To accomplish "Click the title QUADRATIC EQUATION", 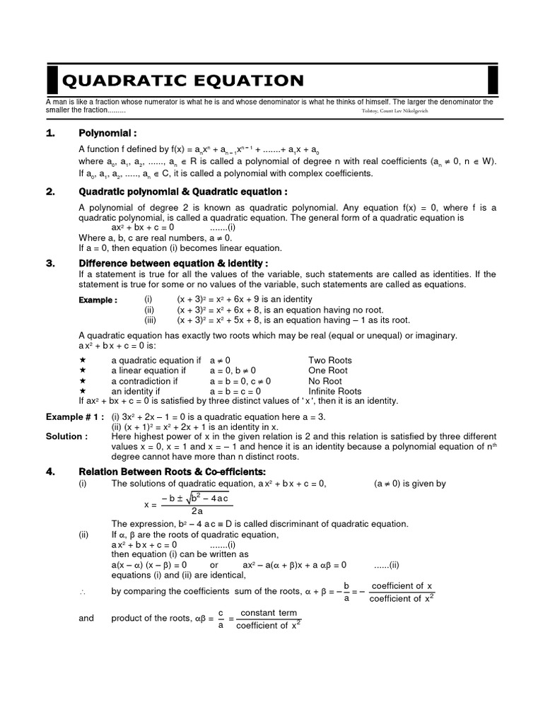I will tap(183, 80).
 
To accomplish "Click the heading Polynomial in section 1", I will tap(107, 133).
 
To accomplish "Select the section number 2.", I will tap(50, 192).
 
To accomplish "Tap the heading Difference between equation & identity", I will tap(173, 263).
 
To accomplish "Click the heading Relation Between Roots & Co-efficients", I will tap(177, 472).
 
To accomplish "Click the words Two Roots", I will tap(329, 360).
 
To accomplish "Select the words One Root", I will tap(327, 370).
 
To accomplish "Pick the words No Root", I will tap(325, 381).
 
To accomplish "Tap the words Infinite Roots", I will tap(334, 391).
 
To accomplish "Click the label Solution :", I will tap(67, 436).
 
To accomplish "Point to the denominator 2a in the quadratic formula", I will tap(197, 511).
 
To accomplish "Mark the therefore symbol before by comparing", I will tap(83, 592).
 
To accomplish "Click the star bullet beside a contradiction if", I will tap(83, 381).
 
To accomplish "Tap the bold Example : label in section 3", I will tap(98, 300).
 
